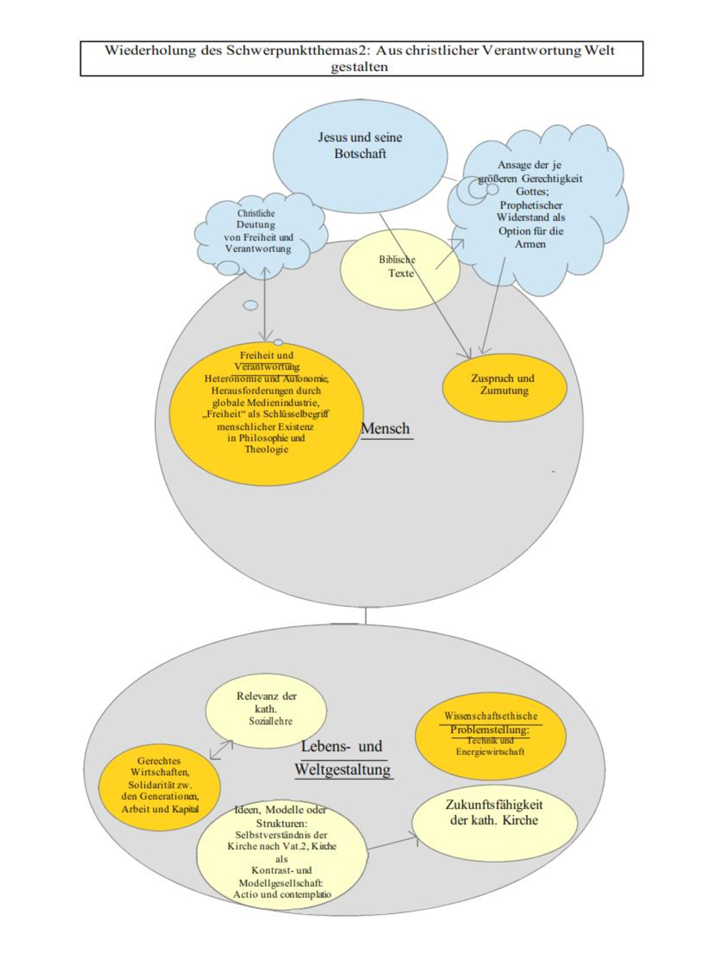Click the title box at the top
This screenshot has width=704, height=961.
tap(361, 58)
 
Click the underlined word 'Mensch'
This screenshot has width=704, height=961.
tap(385, 429)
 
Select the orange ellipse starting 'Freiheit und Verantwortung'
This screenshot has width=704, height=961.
tap(266, 414)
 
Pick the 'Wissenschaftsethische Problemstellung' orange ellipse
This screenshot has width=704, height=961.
tap(490, 735)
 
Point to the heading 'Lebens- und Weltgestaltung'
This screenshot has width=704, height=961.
tap(342, 758)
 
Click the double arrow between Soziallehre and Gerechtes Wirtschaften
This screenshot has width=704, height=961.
tap(221, 750)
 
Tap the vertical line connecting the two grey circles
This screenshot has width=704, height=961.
tap(365, 616)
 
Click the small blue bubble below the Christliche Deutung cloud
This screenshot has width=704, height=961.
tap(250, 305)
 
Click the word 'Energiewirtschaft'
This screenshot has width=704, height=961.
tap(490, 752)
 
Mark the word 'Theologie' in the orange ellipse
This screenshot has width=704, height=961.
tap(266, 449)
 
